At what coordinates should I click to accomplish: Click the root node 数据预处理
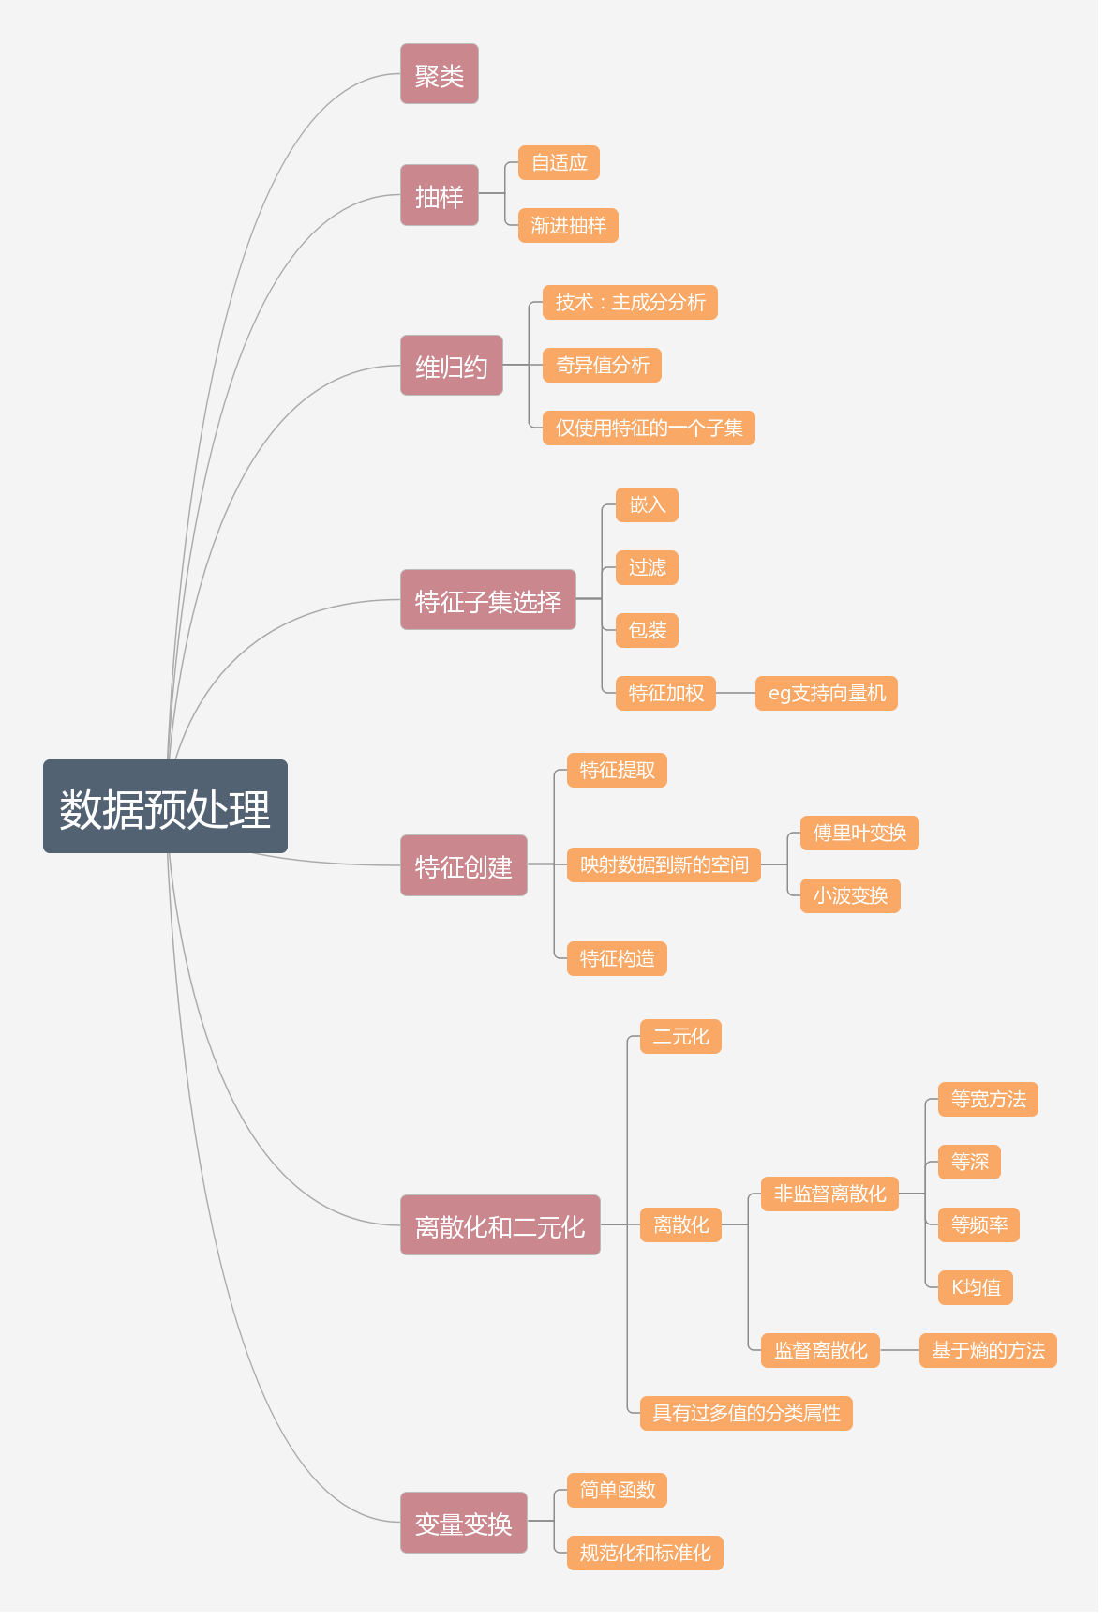[x=165, y=806]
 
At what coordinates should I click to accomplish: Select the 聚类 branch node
[x=439, y=74]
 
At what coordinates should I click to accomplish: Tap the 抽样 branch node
[x=439, y=195]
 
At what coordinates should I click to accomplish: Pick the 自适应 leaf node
[x=559, y=162]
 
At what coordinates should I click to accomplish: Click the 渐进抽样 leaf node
[x=568, y=225]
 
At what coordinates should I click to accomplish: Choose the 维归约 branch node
[x=451, y=366]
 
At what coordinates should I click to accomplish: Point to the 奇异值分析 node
[x=602, y=365]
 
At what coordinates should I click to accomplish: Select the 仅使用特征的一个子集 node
[x=649, y=428]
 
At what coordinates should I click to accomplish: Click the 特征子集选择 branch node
[x=487, y=600]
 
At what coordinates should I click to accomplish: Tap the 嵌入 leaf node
[x=647, y=504]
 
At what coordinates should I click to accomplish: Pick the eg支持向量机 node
[x=826, y=693]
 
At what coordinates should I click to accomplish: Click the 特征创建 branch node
[x=463, y=865]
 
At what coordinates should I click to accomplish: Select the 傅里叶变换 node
[x=859, y=833]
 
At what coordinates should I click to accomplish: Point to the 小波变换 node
[x=850, y=895]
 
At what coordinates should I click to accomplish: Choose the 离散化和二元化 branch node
[x=500, y=1225]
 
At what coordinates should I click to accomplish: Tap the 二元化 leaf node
[x=680, y=1036]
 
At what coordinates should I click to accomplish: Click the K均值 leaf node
[x=975, y=1287]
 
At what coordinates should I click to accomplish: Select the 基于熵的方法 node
[x=988, y=1350]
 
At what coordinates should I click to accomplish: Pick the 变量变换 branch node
[x=463, y=1523]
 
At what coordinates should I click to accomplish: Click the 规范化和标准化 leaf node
[x=645, y=1553]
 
